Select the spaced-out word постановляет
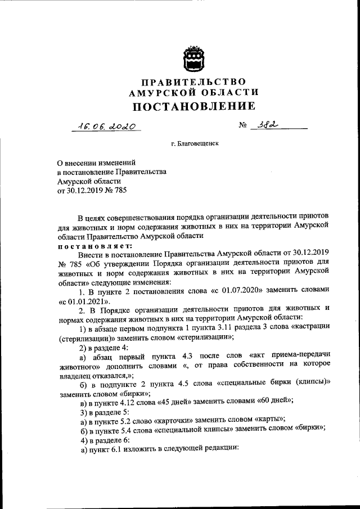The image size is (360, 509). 94,246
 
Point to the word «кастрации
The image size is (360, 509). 307,328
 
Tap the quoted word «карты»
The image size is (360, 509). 268,421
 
